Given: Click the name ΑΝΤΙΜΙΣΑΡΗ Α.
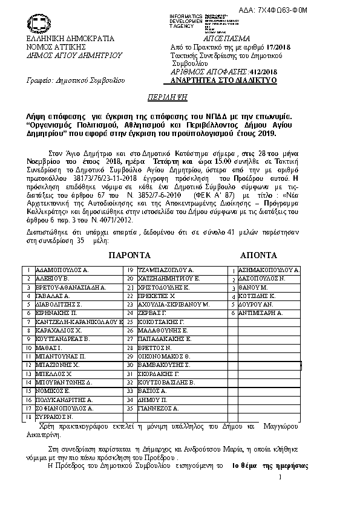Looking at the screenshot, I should tap(261, 314).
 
